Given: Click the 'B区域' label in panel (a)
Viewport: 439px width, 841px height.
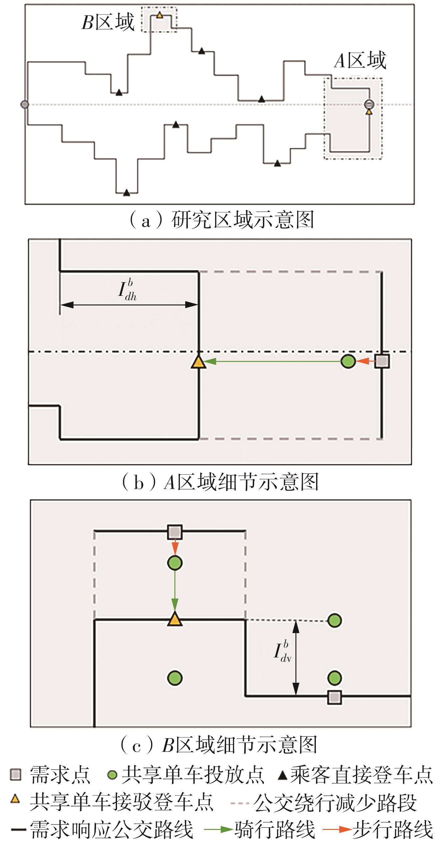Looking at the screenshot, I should pos(108,22).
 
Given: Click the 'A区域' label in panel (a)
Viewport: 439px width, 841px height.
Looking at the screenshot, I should pos(360,61).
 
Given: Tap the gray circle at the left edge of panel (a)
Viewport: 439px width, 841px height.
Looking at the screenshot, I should pos(25,105).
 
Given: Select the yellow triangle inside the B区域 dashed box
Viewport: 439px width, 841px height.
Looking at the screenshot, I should pos(159,15).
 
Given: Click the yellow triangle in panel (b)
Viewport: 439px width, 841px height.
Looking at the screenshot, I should pos(198,362).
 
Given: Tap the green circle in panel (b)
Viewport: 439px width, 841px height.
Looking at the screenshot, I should pos(348,361).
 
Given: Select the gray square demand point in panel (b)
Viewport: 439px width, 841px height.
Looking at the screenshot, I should pos(382,361).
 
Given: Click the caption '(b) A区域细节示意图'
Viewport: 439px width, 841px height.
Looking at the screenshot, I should pos(220,482).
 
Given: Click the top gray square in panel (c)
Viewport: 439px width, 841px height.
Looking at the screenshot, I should pos(175,532).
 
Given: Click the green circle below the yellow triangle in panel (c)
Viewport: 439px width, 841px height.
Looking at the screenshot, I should pos(175,678).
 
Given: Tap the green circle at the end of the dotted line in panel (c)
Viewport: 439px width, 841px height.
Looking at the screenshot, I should pos(334,620).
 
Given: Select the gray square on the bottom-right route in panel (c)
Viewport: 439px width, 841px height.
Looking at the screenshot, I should pos(334,698).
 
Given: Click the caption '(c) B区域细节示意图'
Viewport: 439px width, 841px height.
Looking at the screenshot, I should pos(219,745).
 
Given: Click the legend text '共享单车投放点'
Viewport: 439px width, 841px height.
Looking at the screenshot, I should pos(193,775).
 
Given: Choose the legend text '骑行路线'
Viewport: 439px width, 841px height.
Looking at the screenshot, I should pos(274,830).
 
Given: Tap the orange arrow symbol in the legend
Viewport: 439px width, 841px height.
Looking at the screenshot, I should pos(337,829).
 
